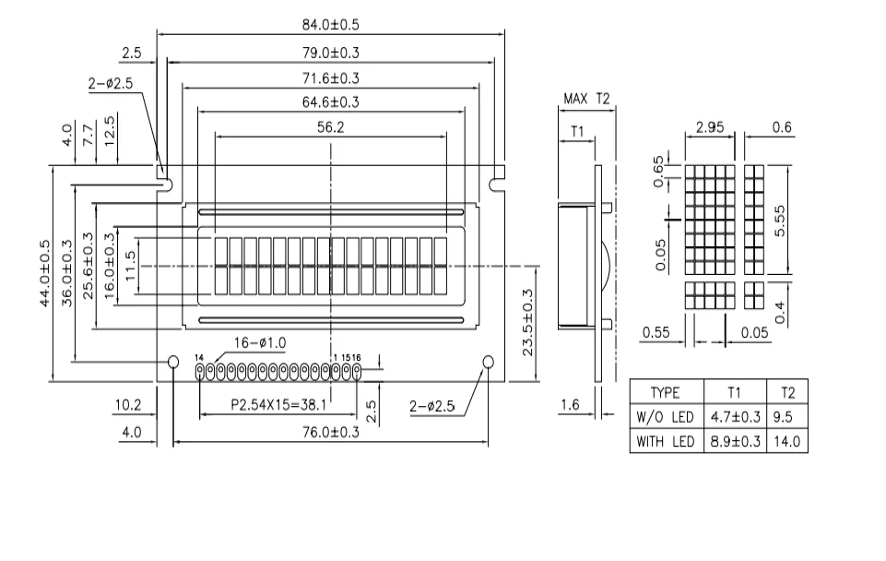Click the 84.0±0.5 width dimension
(x=331, y=25)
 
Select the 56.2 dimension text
(x=331, y=127)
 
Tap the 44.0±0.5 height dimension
(x=45, y=274)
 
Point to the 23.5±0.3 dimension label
(x=527, y=322)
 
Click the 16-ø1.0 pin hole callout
(x=261, y=342)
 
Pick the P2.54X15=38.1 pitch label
(x=278, y=405)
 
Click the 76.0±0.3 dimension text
(x=331, y=433)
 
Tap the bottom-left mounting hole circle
(x=173, y=362)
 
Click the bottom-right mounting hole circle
(x=489, y=362)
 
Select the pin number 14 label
(x=199, y=358)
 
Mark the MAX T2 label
(x=586, y=99)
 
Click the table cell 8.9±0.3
(x=735, y=442)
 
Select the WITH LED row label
(x=665, y=442)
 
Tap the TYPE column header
(x=665, y=392)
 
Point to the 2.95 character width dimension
(x=710, y=127)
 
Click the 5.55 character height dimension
(x=780, y=221)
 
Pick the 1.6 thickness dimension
(x=570, y=405)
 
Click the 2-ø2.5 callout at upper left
(x=111, y=84)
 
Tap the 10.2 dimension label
(x=128, y=405)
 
